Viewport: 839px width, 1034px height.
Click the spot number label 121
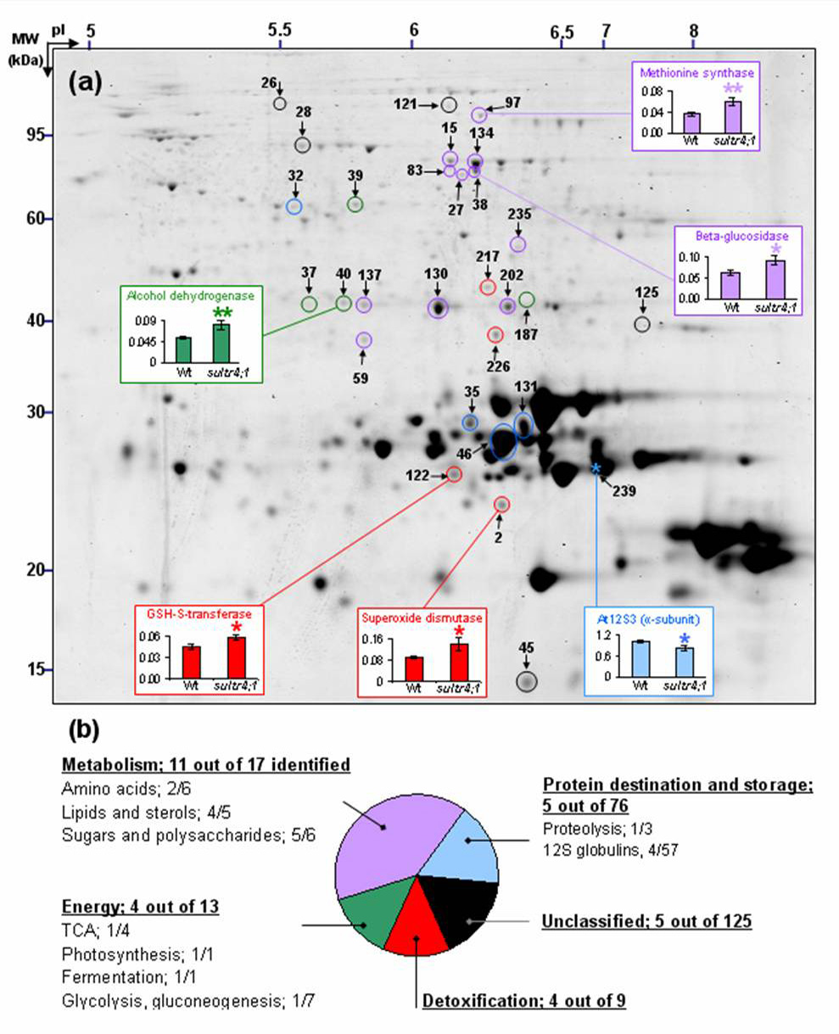pos(405,104)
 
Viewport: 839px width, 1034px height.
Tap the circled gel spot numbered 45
pos(526,682)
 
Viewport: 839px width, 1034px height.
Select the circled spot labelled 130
pos(439,308)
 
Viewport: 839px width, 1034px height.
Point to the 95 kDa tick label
pos(35,135)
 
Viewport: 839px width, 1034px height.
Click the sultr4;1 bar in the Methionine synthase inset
pos(733,116)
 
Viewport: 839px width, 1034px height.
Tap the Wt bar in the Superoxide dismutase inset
pos(414,669)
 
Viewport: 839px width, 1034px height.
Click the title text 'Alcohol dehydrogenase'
pos(190,296)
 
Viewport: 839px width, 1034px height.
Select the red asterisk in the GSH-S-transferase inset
pos(237,627)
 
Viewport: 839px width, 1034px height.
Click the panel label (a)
pos(85,82)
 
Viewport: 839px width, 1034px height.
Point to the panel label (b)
pos(84,729)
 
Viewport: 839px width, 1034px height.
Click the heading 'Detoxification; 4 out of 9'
pos(524,1001)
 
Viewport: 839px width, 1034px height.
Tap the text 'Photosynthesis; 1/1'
pos(137,955)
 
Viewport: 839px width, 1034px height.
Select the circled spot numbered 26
pos(280,103)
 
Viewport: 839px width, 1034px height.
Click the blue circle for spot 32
pos(294,206)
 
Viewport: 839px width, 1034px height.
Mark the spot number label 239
pos(624,491)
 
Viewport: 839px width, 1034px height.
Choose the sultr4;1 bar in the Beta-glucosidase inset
pos(775,280)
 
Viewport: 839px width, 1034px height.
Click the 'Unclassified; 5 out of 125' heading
pos(646,921)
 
